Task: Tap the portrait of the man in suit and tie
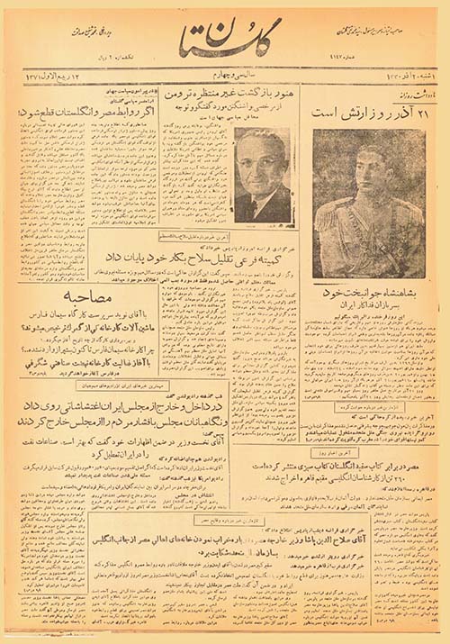coord(262,175)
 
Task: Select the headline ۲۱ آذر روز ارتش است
coord(369,113)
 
